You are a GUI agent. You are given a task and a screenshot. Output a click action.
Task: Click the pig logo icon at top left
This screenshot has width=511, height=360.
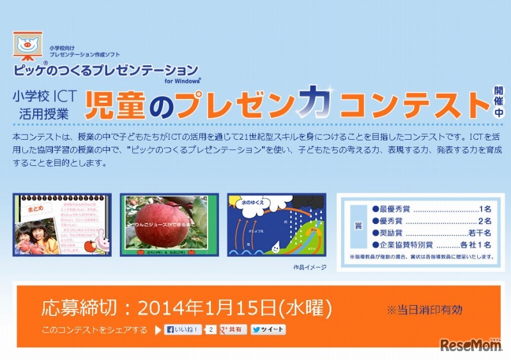point(27,47)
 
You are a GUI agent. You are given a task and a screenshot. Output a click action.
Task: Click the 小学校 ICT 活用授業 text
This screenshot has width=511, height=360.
point(44,105)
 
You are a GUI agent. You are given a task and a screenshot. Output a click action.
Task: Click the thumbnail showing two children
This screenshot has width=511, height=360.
point(62,225)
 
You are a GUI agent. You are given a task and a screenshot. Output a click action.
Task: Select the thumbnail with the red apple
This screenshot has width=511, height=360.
point(169,225)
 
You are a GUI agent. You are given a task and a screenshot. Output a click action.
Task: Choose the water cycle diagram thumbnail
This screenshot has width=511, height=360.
point(277,225)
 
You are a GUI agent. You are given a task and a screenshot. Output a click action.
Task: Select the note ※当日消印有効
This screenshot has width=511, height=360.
point(424,310)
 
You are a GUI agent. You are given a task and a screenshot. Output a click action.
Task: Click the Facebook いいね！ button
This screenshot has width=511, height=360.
point(183,330)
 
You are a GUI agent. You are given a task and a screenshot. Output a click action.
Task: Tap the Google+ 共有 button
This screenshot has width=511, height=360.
point(233,330)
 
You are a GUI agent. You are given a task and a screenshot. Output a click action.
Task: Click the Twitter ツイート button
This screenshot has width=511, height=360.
point(268,330)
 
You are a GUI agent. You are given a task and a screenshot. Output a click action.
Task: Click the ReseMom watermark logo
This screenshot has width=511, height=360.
point(469,345)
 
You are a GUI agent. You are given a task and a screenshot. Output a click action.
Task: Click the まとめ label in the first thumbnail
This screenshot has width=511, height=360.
point(36,207)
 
